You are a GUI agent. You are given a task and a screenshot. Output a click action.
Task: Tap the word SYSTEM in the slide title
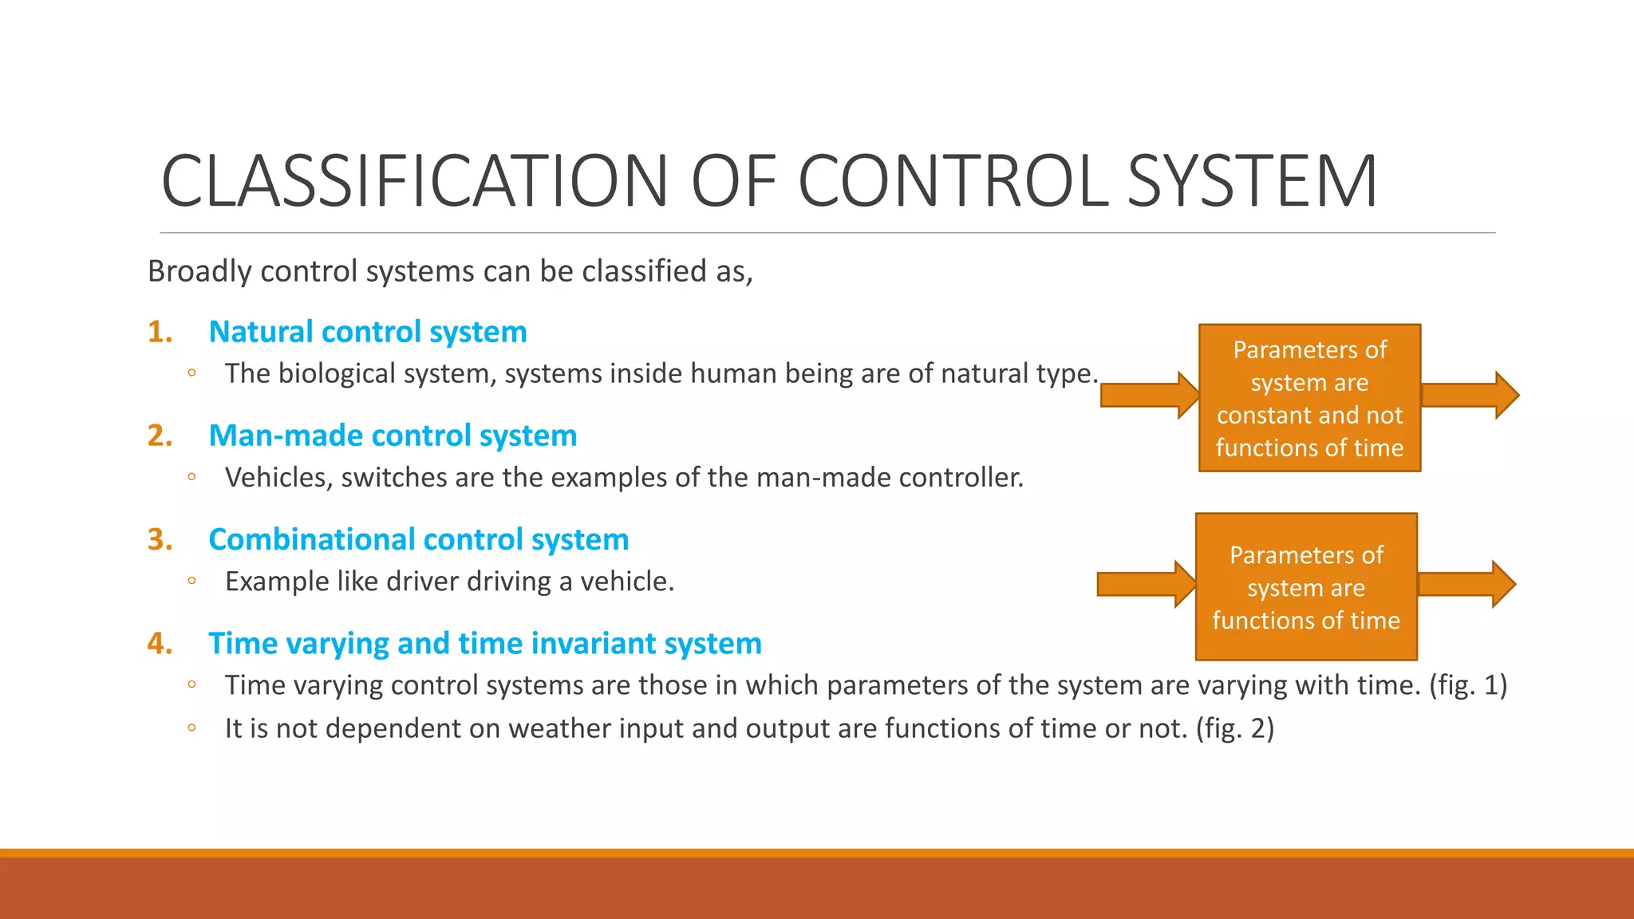tap(1252, 182)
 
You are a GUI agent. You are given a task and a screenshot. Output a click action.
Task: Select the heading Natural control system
tap(367, 332)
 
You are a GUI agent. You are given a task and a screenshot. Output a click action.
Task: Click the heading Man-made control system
tap(392, 436)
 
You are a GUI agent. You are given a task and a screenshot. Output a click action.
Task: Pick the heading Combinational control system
tap(418, 540)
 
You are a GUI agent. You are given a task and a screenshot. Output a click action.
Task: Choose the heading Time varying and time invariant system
tap(484, 644)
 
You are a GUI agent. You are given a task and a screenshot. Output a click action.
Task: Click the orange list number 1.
tap(160, 332)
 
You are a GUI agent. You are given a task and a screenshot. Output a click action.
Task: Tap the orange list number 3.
tap(160, 540)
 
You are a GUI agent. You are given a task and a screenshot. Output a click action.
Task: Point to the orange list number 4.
tap(160, 644)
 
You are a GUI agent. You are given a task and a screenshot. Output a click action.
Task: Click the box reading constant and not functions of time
tap(1309, 398)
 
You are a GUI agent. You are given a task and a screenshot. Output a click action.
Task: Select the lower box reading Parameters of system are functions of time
tap(1306, 587)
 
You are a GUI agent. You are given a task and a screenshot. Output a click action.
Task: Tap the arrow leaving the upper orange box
tap(1469, 395)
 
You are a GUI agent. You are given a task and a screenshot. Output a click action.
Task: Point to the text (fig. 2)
tap(1234, 728)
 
